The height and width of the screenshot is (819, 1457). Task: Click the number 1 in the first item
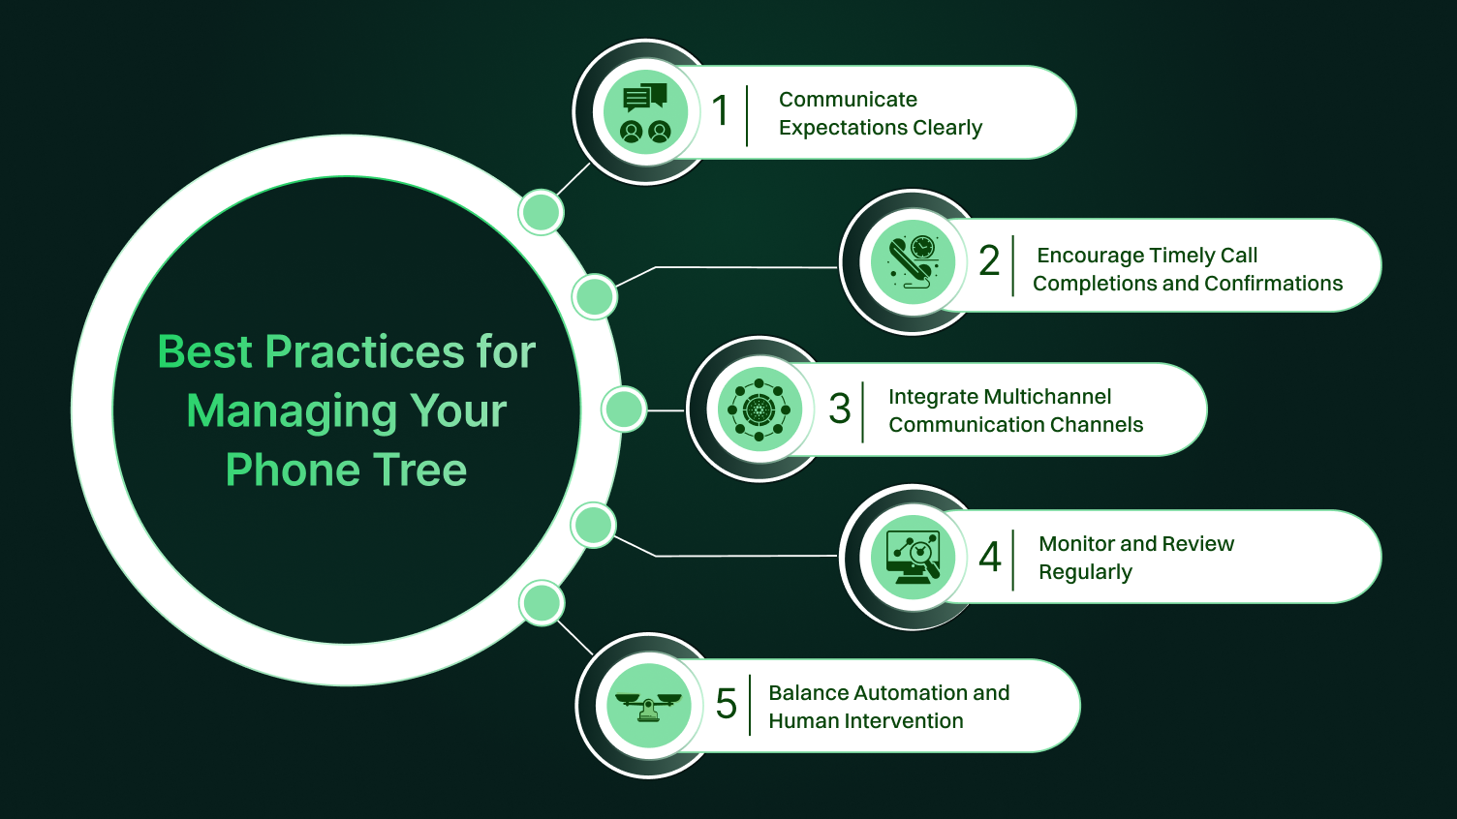[x=720, y=110]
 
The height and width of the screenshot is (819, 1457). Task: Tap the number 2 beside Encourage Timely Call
[x=989, y=260]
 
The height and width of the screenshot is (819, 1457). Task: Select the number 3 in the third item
[x=839, y=409]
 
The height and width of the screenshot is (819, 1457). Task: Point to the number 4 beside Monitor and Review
[x=989, y=557]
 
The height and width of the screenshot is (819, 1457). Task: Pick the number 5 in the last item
[x=726, y=704]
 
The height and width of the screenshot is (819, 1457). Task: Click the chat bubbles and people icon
[x=645, y=113]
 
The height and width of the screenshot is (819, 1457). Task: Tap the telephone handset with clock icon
[x=913, y=262]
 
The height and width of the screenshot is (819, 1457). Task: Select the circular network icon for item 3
[x=759, y=409]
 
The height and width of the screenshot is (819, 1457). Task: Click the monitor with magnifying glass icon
[x=913, y=558]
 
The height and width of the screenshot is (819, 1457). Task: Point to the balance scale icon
[x=648, y=706]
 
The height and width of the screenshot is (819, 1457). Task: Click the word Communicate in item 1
[x=848, y=100]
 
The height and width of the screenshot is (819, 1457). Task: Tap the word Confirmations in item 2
[x=1274, y=284]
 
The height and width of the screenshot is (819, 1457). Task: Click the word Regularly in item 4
[x=1085, y=572]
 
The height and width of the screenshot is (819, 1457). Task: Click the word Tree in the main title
[x=420, y=470]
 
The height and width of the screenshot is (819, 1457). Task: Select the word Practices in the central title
[x=365, y=352]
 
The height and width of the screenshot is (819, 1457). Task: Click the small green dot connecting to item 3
[x=624, y=409]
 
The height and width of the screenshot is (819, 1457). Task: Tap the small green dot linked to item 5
[x=542, y=603]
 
